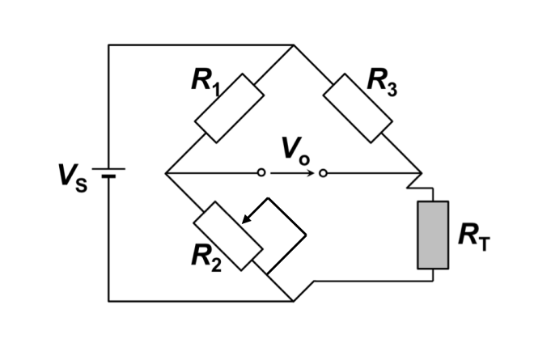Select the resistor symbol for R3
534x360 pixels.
click(x=358, y=107)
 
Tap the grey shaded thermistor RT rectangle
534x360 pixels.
click(x=432, y=235)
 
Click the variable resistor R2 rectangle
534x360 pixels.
click(x=229, y=235)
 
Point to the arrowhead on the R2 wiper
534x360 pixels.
click(x=248, y=218)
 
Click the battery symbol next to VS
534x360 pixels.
click(x=108, y=173)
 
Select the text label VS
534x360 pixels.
click(x=69, y=175)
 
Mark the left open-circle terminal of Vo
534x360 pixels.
click(x=261, y=173)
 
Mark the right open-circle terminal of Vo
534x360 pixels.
click(x=323, y=173)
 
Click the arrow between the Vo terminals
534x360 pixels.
click(x=292, y=173)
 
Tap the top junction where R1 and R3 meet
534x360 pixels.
click(x=292, y=45)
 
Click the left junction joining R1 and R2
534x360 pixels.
click(x=165, y=173)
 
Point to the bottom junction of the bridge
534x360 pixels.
click(x=292, y=301)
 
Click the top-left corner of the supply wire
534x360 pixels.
click(x=108, y=45)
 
